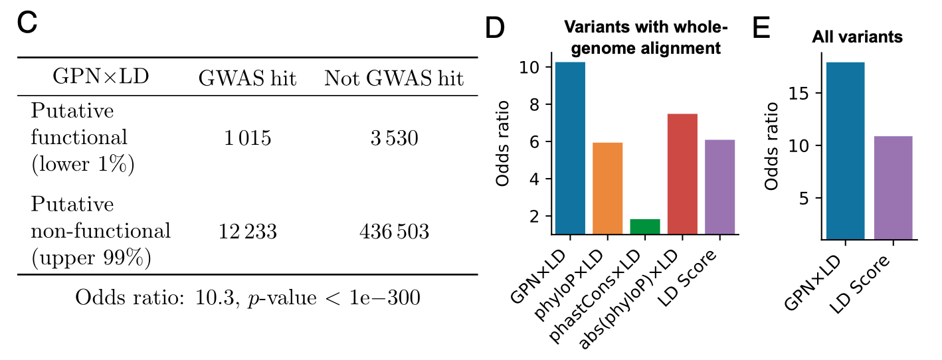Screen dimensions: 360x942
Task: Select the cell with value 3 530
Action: [x=393, y=138]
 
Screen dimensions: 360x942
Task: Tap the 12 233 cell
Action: [x=247, y=232]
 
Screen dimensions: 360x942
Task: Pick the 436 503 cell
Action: [x=393, y=232]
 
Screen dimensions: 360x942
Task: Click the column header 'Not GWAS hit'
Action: [x=393, y=79]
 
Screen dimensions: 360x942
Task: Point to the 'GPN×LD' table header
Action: [x=100, y=77]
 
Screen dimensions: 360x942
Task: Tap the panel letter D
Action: [x=495, y=28]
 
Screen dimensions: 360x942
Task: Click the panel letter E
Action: [x=761, y=28]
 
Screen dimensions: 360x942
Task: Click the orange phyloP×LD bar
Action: [x=607, y=188]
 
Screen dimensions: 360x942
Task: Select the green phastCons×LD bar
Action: [x=644, y=226]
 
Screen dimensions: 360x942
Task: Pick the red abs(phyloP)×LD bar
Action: [x=682, y=174]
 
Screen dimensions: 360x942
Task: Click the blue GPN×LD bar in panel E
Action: [x=846, y=150]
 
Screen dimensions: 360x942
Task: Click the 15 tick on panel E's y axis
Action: [x=806, y=94]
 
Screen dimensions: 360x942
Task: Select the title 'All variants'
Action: [x=857, y=37]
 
